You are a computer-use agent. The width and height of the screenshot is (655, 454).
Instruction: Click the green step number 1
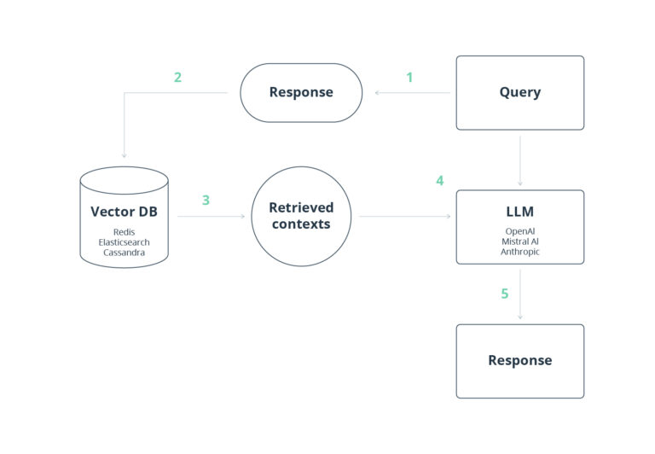(x=409, y=78)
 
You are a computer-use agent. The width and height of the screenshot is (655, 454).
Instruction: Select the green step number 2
(x=177, y=78)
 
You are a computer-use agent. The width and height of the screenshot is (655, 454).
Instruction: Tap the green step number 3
(x=206, y=201)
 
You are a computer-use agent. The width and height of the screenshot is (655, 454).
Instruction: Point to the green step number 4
(x=439, y=181)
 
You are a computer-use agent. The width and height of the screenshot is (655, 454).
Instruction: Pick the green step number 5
(x=504, y=294)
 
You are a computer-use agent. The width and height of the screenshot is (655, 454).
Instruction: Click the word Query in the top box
(x=519, y=92)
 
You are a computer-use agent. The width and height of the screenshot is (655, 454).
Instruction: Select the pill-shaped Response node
(x=300, y=92)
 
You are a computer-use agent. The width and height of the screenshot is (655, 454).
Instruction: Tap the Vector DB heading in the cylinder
(x=124, y=212)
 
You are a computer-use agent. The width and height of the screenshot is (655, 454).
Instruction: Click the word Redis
(x=124, y=231)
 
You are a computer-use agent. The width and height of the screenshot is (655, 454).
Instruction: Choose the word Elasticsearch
(x=124, y=242)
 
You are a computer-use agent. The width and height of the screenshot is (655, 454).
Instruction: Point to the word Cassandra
(x=124, y=252)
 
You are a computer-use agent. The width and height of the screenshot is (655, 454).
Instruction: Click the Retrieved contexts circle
(x=301, y=216)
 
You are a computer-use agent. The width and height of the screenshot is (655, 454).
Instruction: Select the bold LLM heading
(x=519, y=212)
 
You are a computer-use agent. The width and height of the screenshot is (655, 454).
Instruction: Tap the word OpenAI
(x=519, y=231)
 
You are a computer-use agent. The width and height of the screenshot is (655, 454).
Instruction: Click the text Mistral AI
(x=519, y=242)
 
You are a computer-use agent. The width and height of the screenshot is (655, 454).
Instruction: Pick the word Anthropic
(x=519, y=252)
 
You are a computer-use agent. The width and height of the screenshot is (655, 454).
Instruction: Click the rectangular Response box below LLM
(x=519, y=360)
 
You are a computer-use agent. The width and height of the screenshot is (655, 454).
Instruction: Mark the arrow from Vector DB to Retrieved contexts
(x=211, y=217)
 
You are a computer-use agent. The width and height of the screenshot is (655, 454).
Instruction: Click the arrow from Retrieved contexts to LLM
(x=404, y=217)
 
